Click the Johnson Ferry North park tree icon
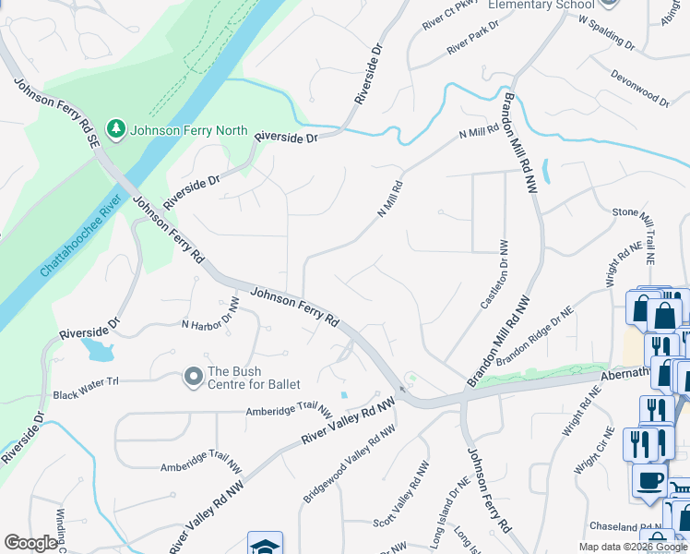click(116, 128)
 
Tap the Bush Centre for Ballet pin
click(193, 376)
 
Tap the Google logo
click(31, 543)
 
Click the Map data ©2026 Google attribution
click(632, 547)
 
